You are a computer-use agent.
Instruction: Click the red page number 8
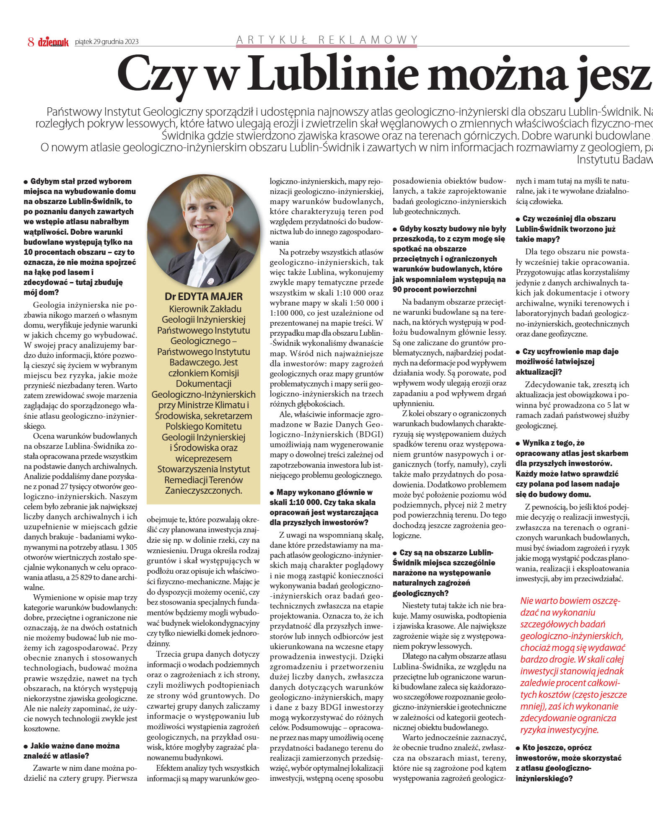[x=31, y=41]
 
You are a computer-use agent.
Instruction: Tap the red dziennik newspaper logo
[x=53, y=41]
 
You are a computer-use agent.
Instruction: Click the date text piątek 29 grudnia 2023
[x=106, y=41]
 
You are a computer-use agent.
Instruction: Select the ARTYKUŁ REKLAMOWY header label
[x=327, y=40]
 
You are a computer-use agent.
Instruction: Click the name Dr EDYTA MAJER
[x=203, y=297]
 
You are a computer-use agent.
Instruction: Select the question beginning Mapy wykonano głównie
[x=324, y=507]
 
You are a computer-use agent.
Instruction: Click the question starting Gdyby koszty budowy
[x=449, y=259]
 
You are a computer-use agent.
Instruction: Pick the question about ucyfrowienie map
[x=567, y=362]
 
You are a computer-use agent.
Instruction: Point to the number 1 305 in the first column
[x=128, y=547]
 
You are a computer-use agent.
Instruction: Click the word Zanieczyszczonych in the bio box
[x=203, y=490]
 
